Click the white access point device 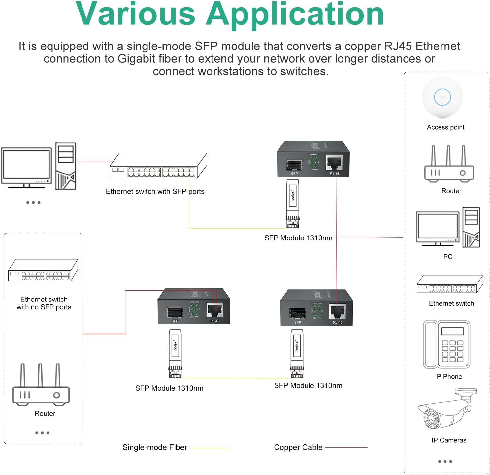442,97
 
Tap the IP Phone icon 447,344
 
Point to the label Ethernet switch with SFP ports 155,191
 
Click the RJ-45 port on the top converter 334,163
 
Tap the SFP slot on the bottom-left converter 175,312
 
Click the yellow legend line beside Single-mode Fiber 209,448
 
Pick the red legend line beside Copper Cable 346,448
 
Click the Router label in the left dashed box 45,414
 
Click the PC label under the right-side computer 448,257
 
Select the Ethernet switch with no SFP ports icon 43,270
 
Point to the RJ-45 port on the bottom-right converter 337,311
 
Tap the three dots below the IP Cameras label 445,461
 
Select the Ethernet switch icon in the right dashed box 450,284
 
